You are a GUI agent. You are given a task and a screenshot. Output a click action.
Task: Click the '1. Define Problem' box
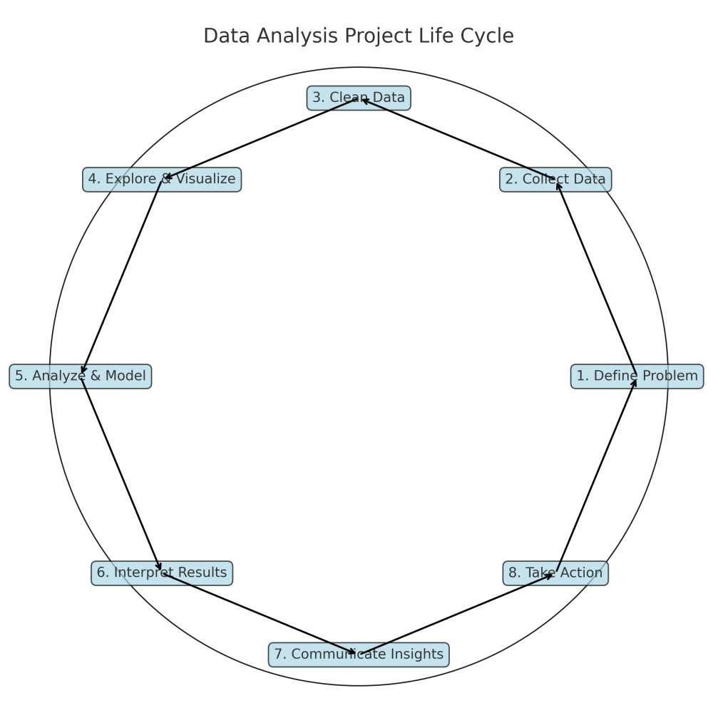coord(637,376)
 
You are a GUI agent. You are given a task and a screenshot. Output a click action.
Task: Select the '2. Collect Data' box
coord(555,180)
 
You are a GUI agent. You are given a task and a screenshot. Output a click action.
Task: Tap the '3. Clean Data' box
coord(359,98)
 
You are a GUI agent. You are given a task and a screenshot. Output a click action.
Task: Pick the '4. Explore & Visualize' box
coord(162,180)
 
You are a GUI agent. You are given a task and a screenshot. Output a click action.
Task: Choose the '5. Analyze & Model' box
coord(81,376)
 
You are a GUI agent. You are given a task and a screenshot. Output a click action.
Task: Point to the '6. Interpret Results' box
coord(162,573)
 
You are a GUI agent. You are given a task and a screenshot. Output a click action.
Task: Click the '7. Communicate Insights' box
coord(359,655)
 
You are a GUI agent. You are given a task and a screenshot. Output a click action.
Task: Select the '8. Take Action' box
coord(555,573)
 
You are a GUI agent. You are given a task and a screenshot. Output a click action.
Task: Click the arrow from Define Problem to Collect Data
coord(596,278)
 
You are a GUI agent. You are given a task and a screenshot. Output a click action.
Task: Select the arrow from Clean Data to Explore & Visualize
coord(260,139)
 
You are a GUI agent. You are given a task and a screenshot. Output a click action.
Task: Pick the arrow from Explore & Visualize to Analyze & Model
coord(121,278)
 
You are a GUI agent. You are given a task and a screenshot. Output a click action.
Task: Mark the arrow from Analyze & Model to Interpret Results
coord(121,474)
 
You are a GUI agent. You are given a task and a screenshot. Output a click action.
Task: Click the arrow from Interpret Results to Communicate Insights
coord(260,613)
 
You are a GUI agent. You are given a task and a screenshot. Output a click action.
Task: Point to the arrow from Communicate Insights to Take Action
coord(457,613)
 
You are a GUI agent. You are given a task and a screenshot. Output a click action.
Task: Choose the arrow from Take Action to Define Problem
coord(596,474)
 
